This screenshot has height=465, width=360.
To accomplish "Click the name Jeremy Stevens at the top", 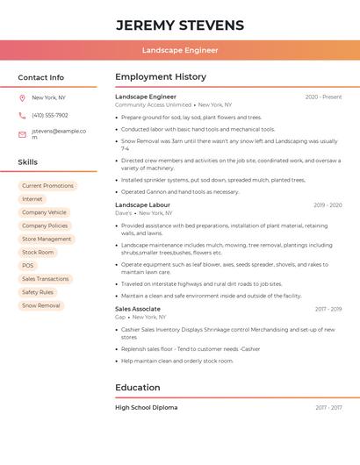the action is [x=180, y=25].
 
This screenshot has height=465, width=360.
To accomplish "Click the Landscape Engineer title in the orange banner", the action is [x=180, y=50].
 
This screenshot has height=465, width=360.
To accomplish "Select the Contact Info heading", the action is [x=41, y=77].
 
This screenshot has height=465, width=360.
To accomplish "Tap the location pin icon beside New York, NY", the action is [x=22, y=97].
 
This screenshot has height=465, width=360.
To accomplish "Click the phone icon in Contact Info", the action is [x=22, y=115].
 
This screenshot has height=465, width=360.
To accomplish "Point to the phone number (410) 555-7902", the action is [x=50, y=115].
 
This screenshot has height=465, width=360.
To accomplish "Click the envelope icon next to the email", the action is [x=22, y=134].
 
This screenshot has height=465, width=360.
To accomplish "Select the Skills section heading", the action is [x=28, y=162].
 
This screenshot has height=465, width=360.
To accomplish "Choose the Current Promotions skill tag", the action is [x=47, y=186].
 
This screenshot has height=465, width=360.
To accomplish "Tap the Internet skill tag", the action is [x=32, y=199].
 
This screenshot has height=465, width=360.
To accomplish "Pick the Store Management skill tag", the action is [x=47, y=239].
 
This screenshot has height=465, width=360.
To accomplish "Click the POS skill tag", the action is [x=28, y=265].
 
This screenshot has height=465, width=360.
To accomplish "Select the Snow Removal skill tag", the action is [x=41, y=305].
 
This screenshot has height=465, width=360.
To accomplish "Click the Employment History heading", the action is [x=161, y=77].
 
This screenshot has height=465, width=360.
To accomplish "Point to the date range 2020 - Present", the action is [x=323, y=97].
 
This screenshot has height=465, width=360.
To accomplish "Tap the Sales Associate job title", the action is [x=138, y=309].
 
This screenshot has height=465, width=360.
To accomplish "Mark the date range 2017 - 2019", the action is [x=328, y=309].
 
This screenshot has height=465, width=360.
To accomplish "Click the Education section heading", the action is [x=138, y=388].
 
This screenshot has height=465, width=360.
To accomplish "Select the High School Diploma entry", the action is [x=146, y=407].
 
